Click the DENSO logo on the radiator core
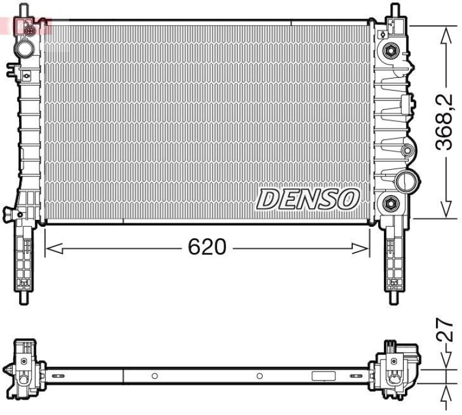tap(308, 200)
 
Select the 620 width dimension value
tap(206, 248)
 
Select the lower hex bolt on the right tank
tap(390, 203)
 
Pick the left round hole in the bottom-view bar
tap(154, 376)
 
